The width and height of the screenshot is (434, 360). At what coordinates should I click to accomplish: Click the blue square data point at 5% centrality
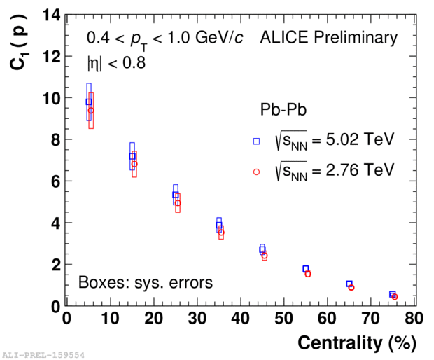(89, 102)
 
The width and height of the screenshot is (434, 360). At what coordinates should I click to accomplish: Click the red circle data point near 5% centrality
(91, 111)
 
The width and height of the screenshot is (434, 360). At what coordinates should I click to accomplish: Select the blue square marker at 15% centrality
(132, 156)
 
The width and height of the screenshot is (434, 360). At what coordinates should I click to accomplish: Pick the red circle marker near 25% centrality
(178, 203)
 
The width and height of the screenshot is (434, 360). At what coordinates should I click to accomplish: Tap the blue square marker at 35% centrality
(219, 226)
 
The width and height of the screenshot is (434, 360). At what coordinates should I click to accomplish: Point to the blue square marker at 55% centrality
(306, 268)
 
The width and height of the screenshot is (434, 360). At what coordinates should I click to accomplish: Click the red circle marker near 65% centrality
(351, 287)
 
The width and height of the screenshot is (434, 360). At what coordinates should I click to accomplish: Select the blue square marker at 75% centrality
(393, 294)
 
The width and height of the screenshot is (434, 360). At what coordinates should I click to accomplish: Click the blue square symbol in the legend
(257, 141)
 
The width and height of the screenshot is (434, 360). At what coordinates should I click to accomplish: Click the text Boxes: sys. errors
(145, 283)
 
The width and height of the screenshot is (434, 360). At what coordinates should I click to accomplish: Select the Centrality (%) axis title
(357, 343)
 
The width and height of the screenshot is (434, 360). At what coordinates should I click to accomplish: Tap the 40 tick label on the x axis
(240, 319)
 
